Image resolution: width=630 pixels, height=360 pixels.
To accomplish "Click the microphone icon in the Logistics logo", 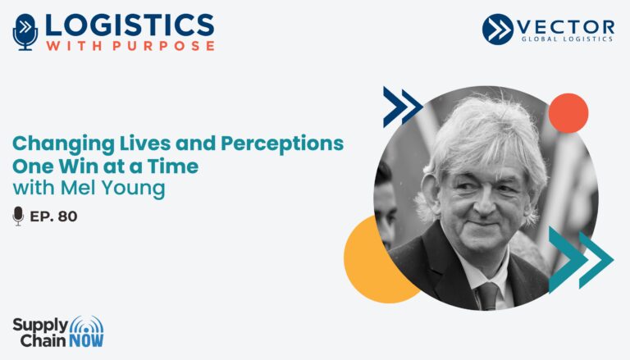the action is tap(25, 32).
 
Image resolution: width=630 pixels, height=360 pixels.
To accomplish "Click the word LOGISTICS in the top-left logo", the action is tap(130, 25).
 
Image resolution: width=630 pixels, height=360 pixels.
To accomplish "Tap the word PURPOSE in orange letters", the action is tap(163, 46).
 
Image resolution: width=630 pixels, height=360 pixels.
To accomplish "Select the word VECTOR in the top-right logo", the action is tap(565, 27).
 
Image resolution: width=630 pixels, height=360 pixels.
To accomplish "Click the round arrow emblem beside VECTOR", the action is tap(498, 29).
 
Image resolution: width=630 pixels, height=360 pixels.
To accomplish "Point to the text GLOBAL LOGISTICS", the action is tap(567, 39).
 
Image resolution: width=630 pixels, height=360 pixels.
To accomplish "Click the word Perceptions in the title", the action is tap(282, 144).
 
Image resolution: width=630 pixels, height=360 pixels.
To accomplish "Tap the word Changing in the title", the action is tap(63, 144).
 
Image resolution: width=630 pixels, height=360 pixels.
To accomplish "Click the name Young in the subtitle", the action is tap(133, 189).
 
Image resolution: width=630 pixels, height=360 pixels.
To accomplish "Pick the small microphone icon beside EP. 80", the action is tap(18, 216).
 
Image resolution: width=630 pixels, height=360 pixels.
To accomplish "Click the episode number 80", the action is tap(67, 216).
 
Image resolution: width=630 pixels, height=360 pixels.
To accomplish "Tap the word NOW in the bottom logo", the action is tap(86, 340).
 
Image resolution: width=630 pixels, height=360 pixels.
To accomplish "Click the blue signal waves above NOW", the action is tap(86, 324).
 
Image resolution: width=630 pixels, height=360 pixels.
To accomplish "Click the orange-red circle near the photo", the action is tap(568, 113).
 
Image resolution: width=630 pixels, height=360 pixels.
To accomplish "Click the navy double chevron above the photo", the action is tap(403, 107).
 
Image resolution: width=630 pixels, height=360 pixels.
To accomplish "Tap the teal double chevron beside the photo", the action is tap(581, 260).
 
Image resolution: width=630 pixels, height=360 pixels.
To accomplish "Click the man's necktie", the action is tap(487, 296).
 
